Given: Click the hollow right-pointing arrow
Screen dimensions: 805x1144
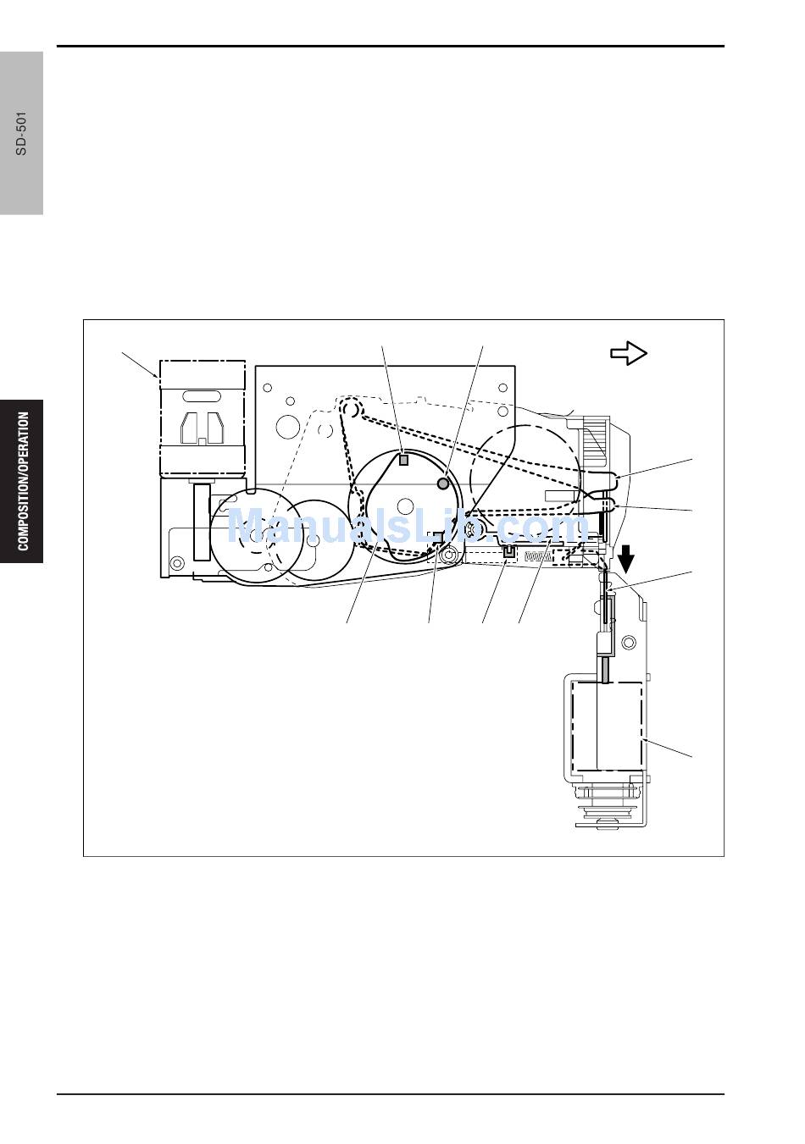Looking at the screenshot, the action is coord(629,353).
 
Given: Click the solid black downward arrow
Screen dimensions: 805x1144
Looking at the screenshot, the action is coord(626,559).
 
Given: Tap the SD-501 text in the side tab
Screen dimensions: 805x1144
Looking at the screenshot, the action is coord(21,133).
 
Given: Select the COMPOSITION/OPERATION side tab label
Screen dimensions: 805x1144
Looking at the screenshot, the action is coord(23,481).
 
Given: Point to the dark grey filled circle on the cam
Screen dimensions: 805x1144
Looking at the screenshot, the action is coord(442,484).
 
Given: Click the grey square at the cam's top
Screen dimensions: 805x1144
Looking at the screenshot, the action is coord(403,460).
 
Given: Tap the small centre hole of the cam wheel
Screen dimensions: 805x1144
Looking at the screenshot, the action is coord(404,506).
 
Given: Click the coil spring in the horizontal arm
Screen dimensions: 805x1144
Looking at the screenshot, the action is coord(539,556).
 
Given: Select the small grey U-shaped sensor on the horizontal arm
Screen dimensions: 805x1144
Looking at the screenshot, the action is coord(509,551).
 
